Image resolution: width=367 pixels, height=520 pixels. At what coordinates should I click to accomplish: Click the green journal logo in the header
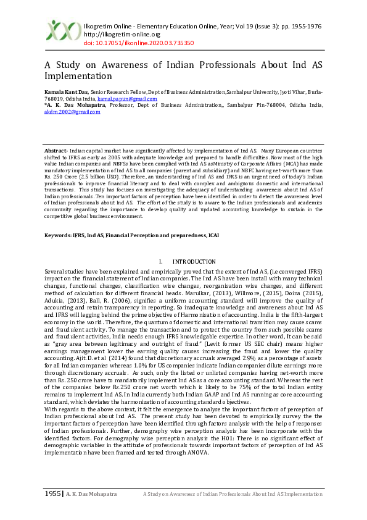point(64,31)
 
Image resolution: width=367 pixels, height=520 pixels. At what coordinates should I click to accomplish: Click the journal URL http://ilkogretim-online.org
point(117,35)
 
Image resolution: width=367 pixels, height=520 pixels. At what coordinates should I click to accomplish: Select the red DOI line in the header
point(138,43)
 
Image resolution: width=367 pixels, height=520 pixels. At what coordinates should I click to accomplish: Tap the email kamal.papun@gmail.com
point(136,99)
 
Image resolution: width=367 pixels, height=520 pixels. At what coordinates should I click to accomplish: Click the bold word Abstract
point(56,151)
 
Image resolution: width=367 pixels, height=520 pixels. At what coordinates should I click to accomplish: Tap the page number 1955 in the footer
point(52,494)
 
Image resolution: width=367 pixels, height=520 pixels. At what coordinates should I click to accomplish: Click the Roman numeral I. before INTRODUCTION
point(161,262)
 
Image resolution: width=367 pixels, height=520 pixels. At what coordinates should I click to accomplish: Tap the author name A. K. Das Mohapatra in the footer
point(91,495)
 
